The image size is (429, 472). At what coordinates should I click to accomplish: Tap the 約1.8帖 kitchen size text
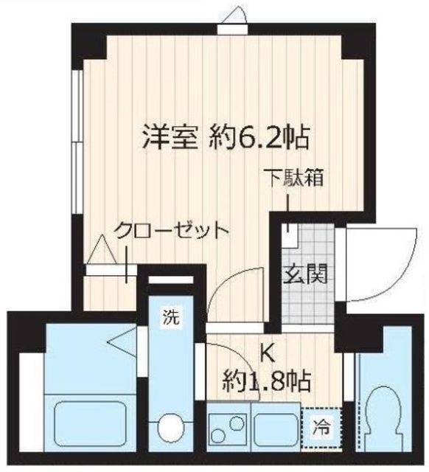pos(266,382)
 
